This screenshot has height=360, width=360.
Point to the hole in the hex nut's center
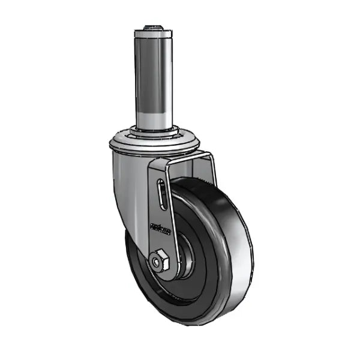tap(159, 262)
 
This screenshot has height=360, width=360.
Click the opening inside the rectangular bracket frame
tap(189, 171)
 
